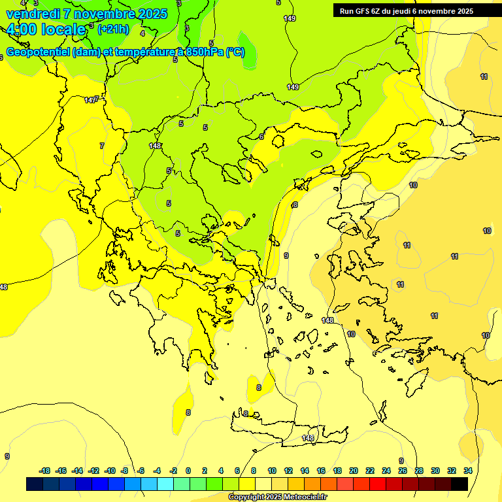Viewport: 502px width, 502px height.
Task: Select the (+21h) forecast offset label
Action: (x=113, y=29)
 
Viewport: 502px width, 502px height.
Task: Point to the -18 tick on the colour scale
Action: (x=44, y=471)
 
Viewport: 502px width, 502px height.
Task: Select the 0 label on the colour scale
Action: (x=188, y=471)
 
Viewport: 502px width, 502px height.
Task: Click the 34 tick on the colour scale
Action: (x=468, y=471)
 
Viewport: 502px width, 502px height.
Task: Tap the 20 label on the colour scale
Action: (x=354, y=471)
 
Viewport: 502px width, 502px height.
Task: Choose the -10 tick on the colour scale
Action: (x=110, y=471)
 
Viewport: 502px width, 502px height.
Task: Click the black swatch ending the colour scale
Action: (x=460, y=484)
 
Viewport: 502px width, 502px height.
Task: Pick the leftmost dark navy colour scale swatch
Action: (x=35, y=484)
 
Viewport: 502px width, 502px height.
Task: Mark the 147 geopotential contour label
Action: (x=91, y=100)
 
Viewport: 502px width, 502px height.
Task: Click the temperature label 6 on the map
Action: (x=261, y=136)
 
